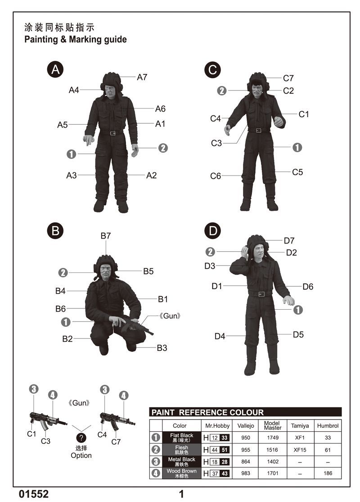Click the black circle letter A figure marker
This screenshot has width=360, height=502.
point(55,69)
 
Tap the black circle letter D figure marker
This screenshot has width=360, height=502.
point(213,231)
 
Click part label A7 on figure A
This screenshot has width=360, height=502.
point(142,77)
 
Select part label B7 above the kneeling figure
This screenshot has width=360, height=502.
point(106,236)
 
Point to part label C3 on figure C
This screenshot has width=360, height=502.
point(216,143)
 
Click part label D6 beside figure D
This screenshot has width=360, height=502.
point(308,286)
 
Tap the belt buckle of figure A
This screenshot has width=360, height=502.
point(112,133)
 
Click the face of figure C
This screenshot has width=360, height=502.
point(257,88)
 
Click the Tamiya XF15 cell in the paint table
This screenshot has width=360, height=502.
point(300,450)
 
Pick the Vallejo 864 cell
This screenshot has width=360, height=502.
point(246,461)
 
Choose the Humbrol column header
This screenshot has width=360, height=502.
point(328,426)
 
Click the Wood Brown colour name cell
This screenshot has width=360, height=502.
point(182,473)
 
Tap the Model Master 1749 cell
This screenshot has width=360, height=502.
point(273,438)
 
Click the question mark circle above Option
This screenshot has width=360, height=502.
point(81,438)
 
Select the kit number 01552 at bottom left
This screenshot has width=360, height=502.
point(34,494)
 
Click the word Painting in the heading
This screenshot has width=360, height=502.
point(41,40)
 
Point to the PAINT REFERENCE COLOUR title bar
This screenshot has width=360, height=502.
point(245,412)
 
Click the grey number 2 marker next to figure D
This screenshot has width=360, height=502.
point(210,252)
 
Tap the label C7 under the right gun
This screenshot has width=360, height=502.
point(116,442)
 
